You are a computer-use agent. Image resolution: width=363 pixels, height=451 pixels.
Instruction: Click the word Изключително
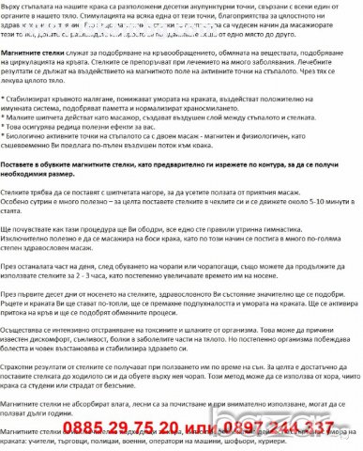coord(27,293)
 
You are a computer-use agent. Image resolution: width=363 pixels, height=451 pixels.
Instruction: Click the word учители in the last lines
coord(61,448)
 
